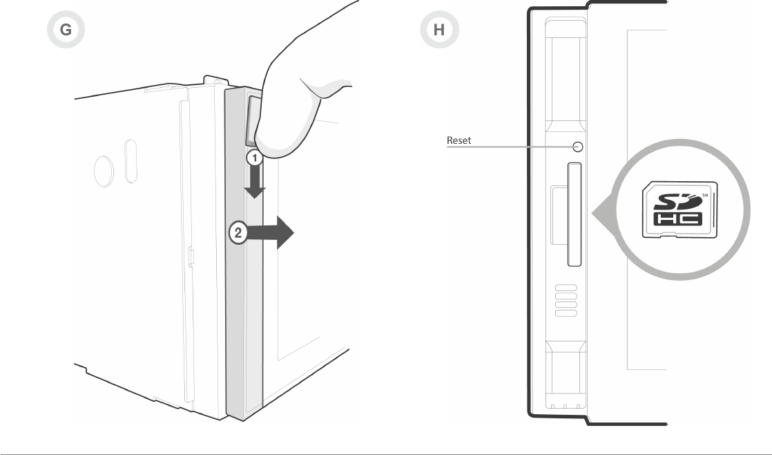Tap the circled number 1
(x=255, y=158)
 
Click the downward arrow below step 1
(x=255, y=183)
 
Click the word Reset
(x=459, y=140)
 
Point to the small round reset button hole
(x=578, y=147)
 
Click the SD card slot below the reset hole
(x=574, y=214)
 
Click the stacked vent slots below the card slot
(x=566, y=300)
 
